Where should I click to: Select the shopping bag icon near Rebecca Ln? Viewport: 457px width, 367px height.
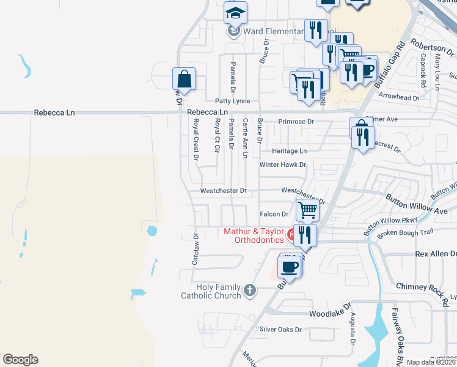(184, 79)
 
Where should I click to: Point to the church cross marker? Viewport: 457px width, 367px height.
(249, 291)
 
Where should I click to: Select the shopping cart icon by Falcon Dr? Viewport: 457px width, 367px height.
(308, 210)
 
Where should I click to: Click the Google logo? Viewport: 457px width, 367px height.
(20, 360)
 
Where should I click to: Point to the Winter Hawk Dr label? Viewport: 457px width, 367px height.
(282, 165)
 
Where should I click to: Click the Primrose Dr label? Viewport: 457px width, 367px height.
(296, 122)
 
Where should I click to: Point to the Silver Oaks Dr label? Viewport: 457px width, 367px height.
(281, 329)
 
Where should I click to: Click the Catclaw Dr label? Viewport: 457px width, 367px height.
(196, 248)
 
